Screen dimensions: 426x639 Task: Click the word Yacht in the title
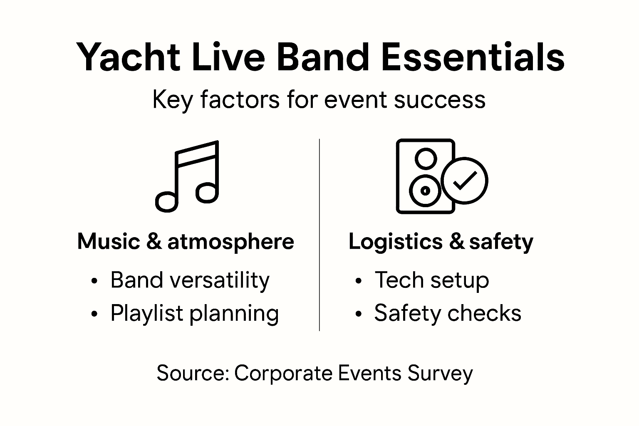tap(127, 57)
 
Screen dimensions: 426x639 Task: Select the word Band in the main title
tap(322, 57)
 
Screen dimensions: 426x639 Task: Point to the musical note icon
tap(188, 176)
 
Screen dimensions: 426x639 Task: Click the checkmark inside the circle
tap(464, 180)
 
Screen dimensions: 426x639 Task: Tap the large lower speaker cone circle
tap(425, 191)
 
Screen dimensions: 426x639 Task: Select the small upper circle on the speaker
tap(426, 159)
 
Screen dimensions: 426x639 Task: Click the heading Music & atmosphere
tap(186, 242)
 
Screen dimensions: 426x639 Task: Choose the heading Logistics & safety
tap(441, 242)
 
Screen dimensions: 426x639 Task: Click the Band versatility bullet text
tap(190, 280)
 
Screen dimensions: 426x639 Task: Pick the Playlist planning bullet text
tap(194, 313)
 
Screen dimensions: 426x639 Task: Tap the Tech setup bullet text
tap(431, 280)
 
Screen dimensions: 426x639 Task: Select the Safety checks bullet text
tap(447, 313)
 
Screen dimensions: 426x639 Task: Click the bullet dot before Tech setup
tap(359, 282)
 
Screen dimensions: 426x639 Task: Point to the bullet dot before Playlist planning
tap(94, 315)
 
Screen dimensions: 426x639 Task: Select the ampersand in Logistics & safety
tap(456, 242)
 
